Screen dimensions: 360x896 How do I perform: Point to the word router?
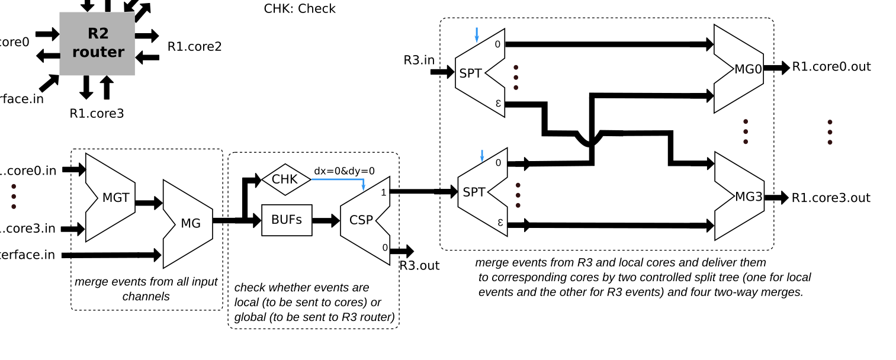[x=98, y=52]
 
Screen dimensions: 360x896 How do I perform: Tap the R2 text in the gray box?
[x=98, y=34]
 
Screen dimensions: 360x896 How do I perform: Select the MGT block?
[x=111, y=198]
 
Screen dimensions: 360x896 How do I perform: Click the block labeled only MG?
[x=188, y=224]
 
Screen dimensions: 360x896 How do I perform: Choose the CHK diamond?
[x=285, y=179]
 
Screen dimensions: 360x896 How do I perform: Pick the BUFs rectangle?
[x=287, y=220]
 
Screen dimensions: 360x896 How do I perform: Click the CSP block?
[x=364, y=220]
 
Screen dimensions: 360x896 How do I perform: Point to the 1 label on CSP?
[x=384, y=192]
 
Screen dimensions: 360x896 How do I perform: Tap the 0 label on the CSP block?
[x=385, y=247]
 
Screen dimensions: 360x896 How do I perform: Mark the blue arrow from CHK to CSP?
[x=338, y=179]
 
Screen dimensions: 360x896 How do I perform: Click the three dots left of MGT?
[x=14, y=196]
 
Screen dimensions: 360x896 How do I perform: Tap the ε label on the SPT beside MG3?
[x=500, y=222]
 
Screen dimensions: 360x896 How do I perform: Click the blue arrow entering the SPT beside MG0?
[x=477, y=35]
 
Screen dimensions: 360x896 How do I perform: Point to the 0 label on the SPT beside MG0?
[x=497, y=44]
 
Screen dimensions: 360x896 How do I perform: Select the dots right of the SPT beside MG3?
[x=518, y=195]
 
